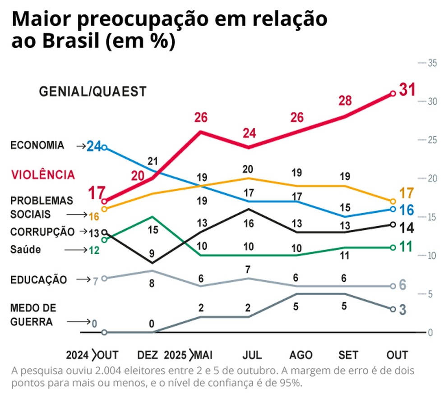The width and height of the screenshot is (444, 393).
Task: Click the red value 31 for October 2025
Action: click(407, 90)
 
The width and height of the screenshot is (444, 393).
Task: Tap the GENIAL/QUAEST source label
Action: click(92, 91)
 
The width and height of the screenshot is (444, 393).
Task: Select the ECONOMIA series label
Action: click(37, 145)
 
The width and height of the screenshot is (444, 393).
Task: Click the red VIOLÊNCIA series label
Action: click(43, 175)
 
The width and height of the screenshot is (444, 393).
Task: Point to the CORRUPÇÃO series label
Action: click(42, 232)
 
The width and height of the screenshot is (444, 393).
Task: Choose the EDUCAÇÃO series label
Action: click(38, 279)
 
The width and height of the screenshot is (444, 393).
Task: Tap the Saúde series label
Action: click(25, 249)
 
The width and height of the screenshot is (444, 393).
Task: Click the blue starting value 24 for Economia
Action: click(94, 146)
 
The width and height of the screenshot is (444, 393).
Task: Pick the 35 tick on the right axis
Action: click(432, 63)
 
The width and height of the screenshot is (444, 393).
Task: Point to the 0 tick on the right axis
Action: click(430, 333)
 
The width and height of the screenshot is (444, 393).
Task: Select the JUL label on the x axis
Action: click(252, 355)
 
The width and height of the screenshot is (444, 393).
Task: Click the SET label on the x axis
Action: click(348, 355)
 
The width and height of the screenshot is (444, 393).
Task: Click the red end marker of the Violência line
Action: click(393, 94)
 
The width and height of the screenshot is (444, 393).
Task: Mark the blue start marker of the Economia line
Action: click(104, 147)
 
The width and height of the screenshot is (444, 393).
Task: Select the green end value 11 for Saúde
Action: click(406, 247)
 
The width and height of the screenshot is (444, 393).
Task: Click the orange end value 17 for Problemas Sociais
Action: click(407, 193)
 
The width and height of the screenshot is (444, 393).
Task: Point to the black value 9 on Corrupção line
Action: click(152, 254)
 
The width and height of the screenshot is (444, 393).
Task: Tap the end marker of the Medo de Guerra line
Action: click(393, 309)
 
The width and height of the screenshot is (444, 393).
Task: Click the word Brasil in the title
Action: click(71, 41)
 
